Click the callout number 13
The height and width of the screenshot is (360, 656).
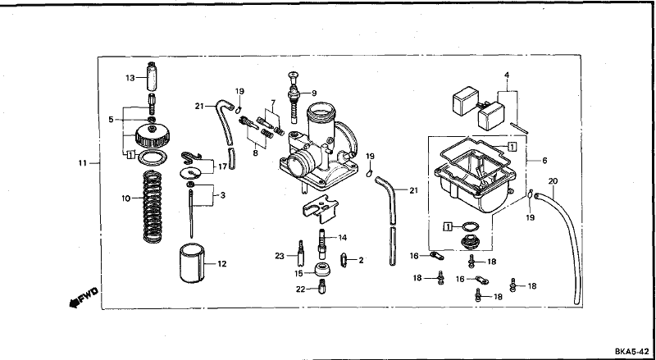130,78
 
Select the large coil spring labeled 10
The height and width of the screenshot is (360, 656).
153,207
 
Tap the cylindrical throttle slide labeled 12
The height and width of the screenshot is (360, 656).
192,263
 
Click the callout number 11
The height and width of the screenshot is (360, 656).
82,162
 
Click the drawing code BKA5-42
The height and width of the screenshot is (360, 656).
631,351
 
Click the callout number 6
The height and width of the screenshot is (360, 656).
544,160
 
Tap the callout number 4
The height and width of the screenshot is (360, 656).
507,75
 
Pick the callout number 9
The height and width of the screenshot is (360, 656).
314,93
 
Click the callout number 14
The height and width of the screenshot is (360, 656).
343,238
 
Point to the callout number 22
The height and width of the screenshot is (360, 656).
302,289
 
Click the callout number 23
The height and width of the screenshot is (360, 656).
280,256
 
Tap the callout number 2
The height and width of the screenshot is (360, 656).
360,260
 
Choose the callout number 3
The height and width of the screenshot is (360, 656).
222,194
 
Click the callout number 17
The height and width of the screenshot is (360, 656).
222,166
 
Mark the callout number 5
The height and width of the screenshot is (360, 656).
111,120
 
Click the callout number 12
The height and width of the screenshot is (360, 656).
221,264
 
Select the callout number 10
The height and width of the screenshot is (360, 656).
126,198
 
